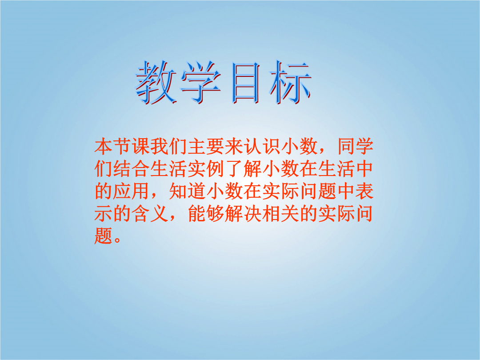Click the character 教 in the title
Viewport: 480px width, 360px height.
coord(156,82)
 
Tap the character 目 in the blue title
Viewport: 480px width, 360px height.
coord(245,82)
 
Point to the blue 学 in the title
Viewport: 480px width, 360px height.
coord(201,82)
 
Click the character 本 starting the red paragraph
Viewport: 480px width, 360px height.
coord(104,147)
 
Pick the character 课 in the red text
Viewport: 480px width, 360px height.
coord(141,147)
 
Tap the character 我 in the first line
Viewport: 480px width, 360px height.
coord(160,147)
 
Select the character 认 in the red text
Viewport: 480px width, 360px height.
coord(253,147)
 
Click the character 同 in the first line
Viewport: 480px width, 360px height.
coord(346,147)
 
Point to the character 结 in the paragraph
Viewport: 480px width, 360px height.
coord(122,169)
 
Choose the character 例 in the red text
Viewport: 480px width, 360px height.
coord(216,169)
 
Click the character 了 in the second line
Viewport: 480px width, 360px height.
coord(234,169)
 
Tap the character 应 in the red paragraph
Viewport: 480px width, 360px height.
coord(122,191)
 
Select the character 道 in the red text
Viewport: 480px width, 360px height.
coord(197,191)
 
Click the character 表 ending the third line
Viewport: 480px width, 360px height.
coord(364,191)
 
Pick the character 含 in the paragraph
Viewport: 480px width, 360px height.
coord(141,214)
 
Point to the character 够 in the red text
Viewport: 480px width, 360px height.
coord(216,214)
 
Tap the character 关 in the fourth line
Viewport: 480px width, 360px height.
coord(290,214)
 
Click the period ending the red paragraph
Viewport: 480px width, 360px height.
coord(117,240)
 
